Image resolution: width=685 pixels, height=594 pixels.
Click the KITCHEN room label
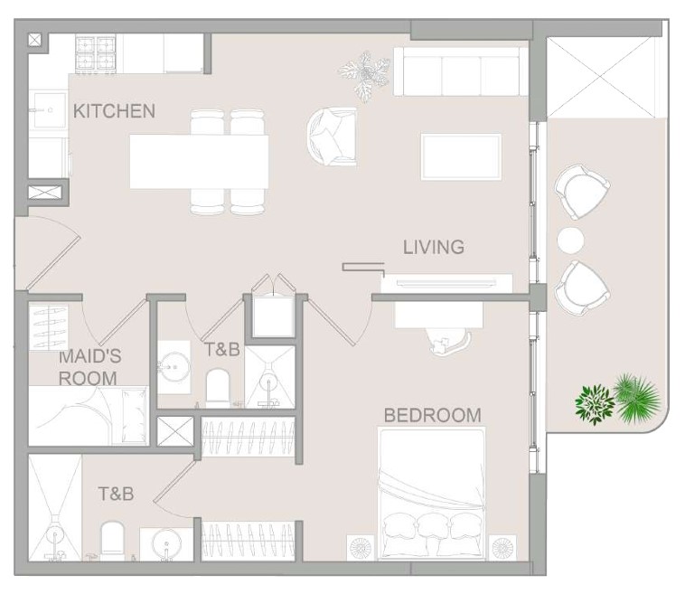point(114,111)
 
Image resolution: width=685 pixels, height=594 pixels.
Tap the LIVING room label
point(434,247)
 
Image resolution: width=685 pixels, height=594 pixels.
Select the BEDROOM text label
point(433,415)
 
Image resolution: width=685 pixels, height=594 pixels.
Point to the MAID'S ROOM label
point(89,367)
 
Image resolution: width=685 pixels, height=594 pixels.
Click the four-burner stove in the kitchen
point(95,53)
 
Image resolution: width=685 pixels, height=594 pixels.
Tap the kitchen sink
point(49,109)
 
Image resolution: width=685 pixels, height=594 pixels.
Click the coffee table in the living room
point(461,157)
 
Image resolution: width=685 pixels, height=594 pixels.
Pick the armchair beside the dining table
point(332,137)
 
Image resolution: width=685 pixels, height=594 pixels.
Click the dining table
point(199,162)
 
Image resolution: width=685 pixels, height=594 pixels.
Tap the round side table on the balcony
point(570,240)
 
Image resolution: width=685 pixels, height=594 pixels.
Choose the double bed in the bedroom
point(432,494)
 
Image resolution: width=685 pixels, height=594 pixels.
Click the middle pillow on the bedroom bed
point(432,528)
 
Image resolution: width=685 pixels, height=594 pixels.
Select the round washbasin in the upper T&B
point(174,366)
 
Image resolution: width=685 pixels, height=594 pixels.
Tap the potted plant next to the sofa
point(365,74)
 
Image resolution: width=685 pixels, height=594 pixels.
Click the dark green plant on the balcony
point(595,404)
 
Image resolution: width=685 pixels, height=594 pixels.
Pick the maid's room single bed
point(89,416)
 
